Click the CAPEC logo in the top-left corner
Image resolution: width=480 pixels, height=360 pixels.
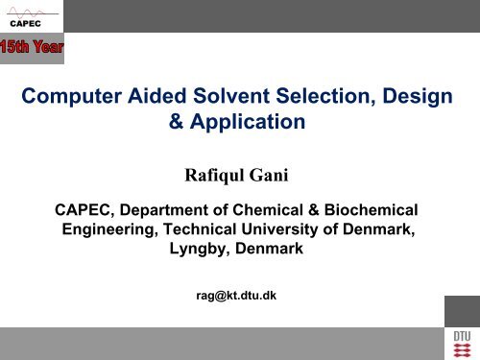25,16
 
